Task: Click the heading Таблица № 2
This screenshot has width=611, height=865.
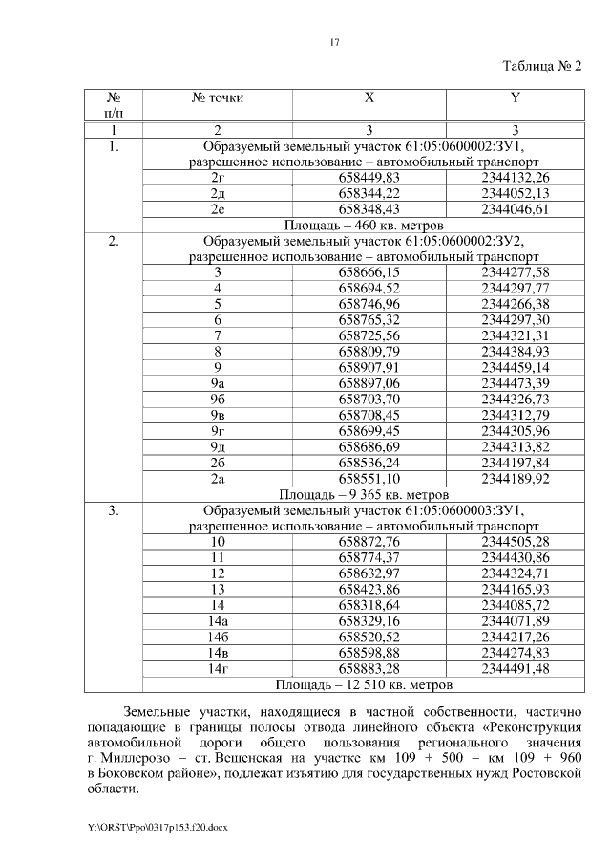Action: click(x=541, y=66)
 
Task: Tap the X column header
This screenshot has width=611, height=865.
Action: click(x=369, y=97)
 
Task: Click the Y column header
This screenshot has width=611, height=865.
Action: click(x=516, y=97)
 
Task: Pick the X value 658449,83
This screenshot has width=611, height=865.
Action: click(x=369, y=178)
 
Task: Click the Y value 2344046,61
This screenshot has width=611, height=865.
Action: click(x=516, y=208)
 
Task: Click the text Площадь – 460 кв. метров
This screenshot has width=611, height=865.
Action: click(x=362, y=225)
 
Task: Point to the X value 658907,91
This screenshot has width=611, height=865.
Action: click(x=369, y=367)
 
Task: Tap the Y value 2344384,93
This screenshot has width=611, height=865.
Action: click(x=516, y=351)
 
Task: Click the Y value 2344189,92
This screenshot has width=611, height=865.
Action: click(x=516, y=478)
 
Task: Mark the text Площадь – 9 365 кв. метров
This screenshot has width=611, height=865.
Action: click(x=362, y=495)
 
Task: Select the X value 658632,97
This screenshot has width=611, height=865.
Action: click(x=369, y=573)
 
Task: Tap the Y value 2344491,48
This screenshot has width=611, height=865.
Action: click(x=516, y=668)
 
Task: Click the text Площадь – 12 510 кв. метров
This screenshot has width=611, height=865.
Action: click(x=362, y=684)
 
